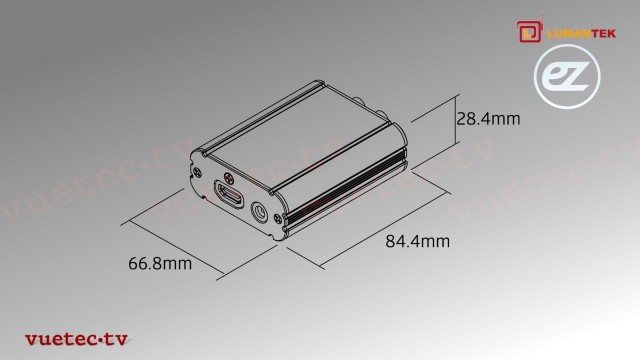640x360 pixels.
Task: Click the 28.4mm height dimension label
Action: tap(488, 119)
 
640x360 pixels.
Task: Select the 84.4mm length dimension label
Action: tap(417, 241)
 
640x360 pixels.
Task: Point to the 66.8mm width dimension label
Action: tap(160, 264)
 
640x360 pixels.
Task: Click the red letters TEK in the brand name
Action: tap(604, 33)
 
